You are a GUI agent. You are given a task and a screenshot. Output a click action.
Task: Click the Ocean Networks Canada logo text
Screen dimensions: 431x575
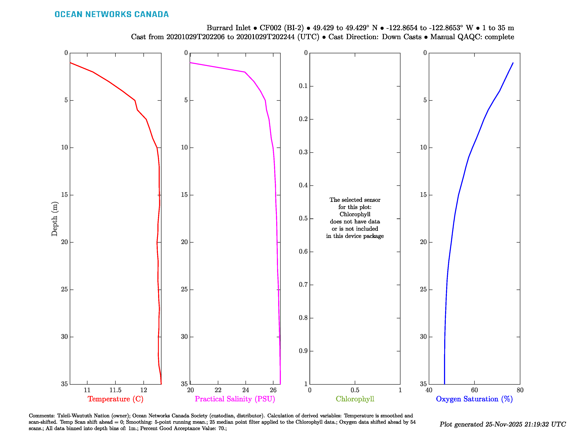point(112,14)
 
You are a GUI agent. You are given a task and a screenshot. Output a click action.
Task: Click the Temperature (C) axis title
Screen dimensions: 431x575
point(115,399)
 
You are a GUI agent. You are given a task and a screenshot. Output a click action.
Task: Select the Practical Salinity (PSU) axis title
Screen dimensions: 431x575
point(235,399)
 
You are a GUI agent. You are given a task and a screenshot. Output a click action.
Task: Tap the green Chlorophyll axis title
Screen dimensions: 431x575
point(355,399)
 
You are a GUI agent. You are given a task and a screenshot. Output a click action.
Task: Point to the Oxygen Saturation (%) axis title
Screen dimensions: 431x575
point(474,399)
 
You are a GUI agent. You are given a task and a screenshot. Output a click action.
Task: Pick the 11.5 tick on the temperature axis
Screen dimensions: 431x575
point(115,390)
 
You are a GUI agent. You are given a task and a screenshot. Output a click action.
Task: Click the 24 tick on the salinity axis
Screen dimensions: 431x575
point(245,390)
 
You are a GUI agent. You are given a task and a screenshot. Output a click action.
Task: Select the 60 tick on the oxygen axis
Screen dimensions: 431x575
point(474,390)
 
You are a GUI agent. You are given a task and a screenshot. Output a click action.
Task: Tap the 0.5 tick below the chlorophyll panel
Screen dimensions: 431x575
point(355,390)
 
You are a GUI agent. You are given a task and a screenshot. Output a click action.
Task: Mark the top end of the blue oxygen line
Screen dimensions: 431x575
point(513,63)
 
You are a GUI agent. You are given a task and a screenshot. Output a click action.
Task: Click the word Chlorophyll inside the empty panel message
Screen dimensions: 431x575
point(355,214)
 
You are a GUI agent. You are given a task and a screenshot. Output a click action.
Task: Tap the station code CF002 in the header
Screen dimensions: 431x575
point(270,28)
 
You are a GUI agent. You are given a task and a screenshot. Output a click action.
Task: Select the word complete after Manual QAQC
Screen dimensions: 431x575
point(499,37)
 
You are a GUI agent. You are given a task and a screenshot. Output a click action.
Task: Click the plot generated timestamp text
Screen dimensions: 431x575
point(502,424)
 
